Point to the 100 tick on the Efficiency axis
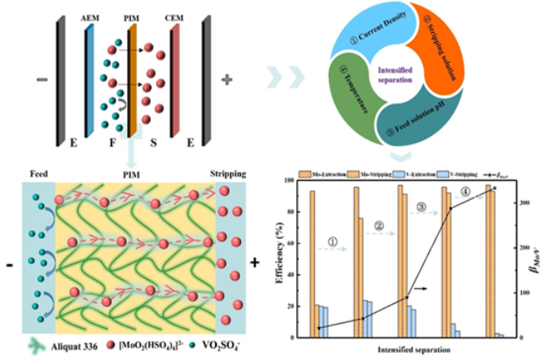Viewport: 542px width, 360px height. pyautogui.click(x=290, y=180)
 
